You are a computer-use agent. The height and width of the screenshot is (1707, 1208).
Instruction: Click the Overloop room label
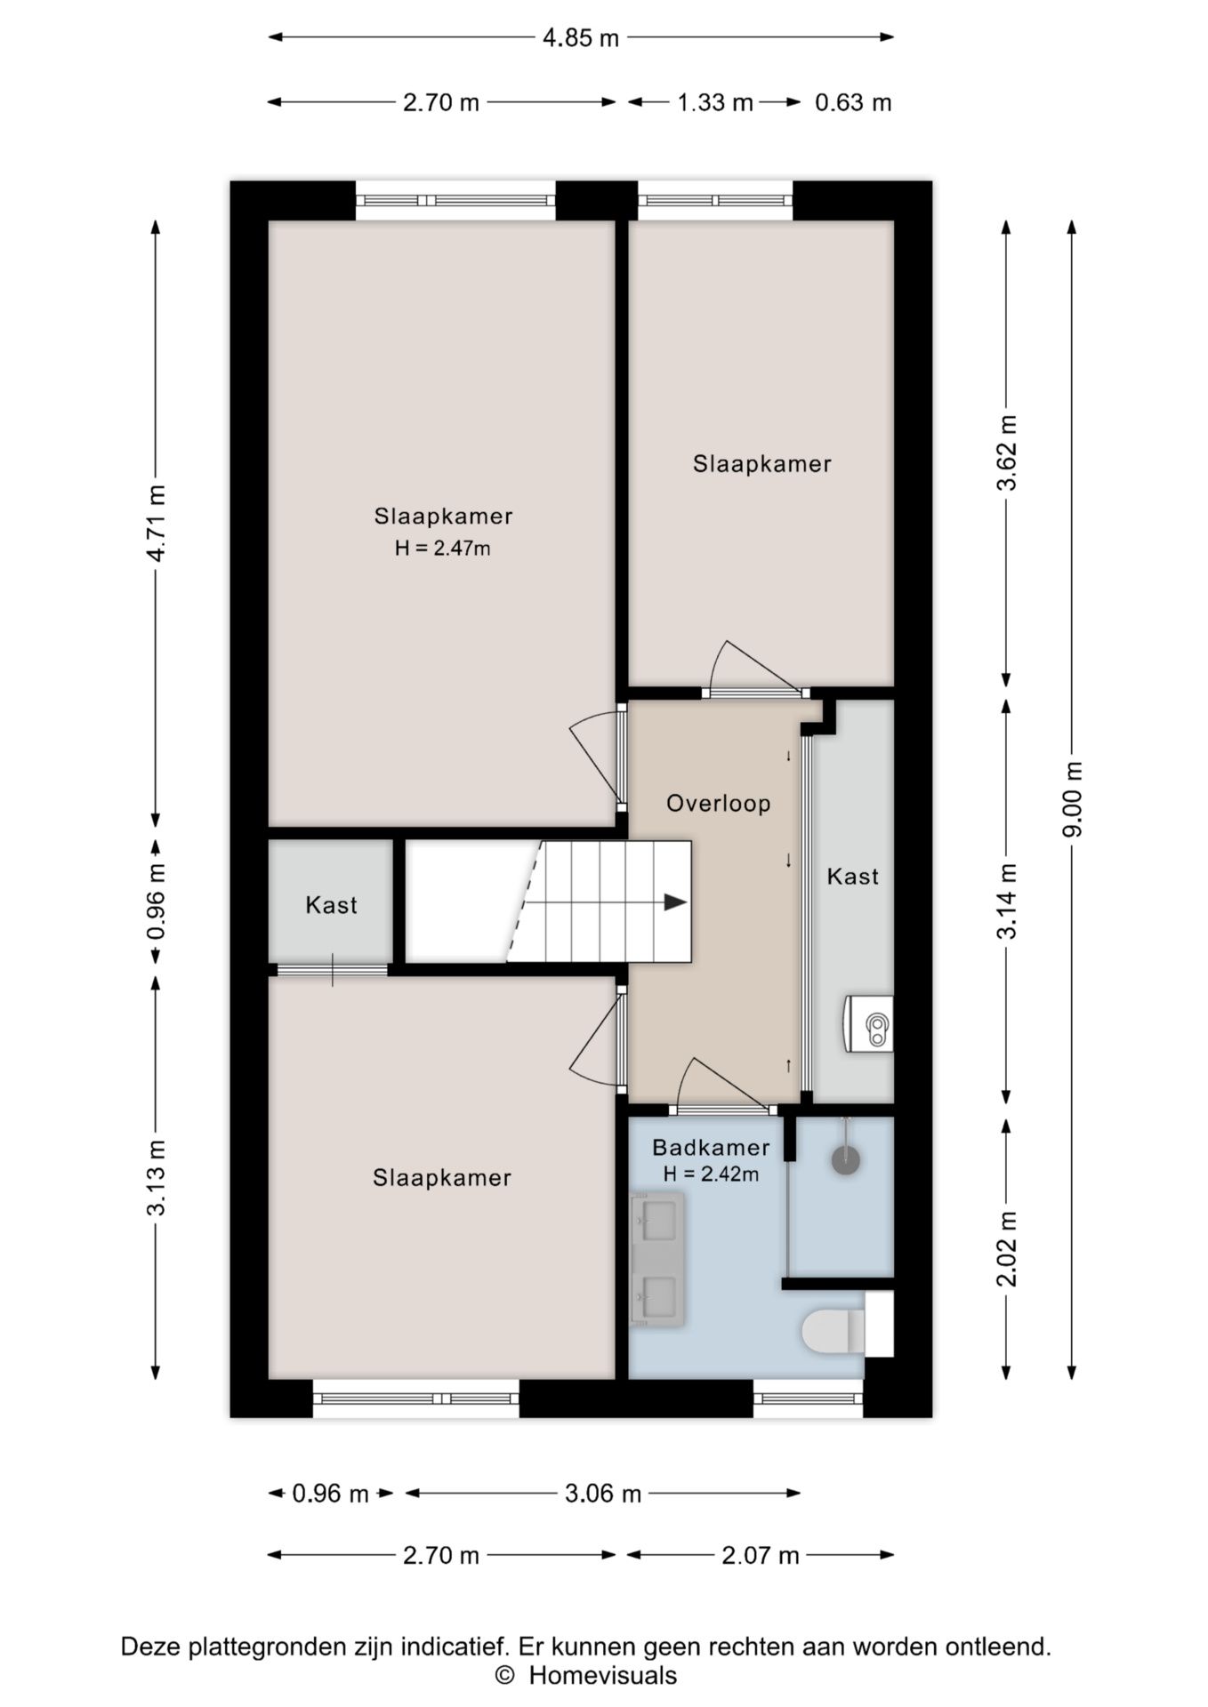pos(718,804)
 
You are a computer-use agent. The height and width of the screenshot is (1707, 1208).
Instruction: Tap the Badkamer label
pos(711,1148)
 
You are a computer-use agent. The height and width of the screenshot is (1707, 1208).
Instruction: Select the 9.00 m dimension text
pos(1073,799)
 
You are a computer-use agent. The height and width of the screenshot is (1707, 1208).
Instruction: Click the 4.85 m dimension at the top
pos(581,38)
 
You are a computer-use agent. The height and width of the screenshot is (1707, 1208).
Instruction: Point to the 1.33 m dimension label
pos(715,103)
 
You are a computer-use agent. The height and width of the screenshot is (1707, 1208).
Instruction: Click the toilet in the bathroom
pos(834,1333)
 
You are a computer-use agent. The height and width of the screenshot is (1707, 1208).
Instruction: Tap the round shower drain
pos(846,1159)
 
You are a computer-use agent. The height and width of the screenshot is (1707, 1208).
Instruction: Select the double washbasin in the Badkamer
pos(656,1260)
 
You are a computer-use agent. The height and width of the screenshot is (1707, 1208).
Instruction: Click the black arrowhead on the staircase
pos(675,902)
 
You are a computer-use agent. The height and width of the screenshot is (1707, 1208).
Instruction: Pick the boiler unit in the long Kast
pos(868,1023)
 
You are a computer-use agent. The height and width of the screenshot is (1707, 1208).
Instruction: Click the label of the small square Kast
pos(331,905)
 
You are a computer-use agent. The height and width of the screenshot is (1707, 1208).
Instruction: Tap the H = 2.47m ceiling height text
pos(443,549)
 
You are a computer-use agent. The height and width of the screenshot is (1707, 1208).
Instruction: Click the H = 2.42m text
pos(711,1174)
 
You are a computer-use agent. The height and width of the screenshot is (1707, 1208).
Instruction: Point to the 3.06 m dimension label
pos(603,1494)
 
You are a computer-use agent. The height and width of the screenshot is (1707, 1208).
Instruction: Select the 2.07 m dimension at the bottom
pos(761,1556)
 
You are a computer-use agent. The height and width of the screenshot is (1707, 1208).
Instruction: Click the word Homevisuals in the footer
pos(603,1676)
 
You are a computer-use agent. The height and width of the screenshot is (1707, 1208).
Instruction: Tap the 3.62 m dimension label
pos(1007,453)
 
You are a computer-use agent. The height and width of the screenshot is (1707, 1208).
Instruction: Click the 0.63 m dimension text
pos(853,103)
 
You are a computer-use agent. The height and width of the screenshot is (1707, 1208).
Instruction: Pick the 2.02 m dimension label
pos(1007,1249)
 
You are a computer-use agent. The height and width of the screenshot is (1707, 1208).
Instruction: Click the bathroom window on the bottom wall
pos(809,1398)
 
